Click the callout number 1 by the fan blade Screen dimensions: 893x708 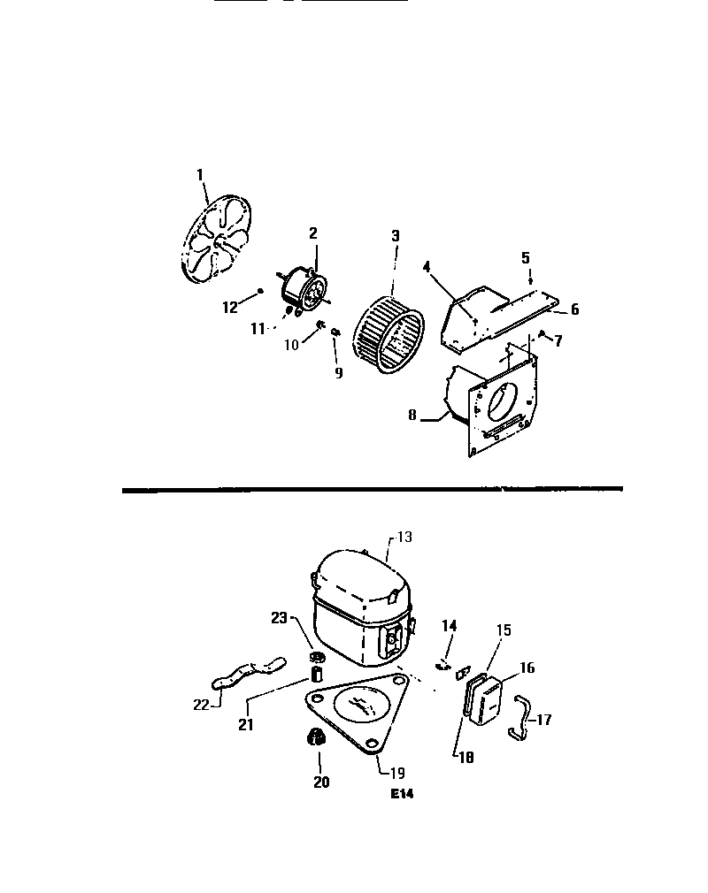[x=201, y=173]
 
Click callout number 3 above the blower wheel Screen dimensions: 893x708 [x=396, y=236]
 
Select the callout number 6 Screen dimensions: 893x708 [x=574, y=309]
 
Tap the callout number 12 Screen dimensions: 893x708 [x=230, y=307]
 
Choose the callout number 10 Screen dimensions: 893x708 [x=291, y=345]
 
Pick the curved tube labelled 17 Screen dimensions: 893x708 [x=518, y=716]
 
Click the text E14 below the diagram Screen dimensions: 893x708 [x=402, y=794]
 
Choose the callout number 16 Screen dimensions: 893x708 [x=527, y=668]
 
